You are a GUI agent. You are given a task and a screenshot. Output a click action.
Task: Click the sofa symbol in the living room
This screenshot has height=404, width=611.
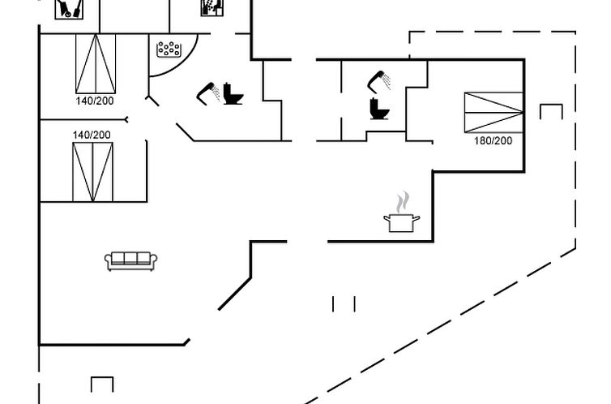[x=131, y=260]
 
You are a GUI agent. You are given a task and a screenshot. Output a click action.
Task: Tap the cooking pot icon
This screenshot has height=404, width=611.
[x=402, y=221]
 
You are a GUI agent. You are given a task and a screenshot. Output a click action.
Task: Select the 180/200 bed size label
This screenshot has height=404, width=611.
[x=493, y=141]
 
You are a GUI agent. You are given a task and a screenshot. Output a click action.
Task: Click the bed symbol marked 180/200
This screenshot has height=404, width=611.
[x=493, y=113]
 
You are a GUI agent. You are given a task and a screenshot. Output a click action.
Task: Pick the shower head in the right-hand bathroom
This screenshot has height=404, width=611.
[x=378, y=80]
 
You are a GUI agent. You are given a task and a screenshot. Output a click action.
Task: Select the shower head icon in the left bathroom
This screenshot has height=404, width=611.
[x=207, y=92]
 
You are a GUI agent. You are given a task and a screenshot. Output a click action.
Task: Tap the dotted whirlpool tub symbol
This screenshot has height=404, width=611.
[x=169, y=49]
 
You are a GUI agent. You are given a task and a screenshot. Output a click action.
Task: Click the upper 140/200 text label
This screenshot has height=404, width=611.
[x=95, y=101]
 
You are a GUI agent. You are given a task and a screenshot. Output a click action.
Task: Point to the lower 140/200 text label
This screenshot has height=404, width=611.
[x=92, y=135]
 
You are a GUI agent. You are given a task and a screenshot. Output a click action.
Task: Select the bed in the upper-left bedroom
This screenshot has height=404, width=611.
[x=96, y=64]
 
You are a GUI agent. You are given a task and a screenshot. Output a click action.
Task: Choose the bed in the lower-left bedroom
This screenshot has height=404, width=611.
[x=92, y=172]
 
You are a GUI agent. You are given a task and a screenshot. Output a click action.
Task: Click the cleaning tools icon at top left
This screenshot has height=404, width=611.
[x=70, y=9]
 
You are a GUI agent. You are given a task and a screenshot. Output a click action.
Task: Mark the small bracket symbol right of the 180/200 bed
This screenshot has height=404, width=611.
[x=551, y=111]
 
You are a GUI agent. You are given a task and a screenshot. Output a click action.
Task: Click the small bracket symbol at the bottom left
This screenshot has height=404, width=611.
[x=102, y=385]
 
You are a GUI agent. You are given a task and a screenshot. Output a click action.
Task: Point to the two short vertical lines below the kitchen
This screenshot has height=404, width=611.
[x=344, y=303]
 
